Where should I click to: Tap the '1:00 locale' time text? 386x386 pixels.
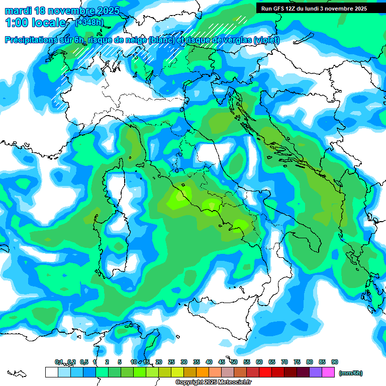click(x=35, y=23)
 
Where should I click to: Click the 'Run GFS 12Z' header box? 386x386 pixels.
click(x=314, y=9)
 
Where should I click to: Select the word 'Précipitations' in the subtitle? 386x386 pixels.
click(x=33, y=40)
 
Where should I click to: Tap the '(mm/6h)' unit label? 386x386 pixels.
click(x=351, y=373)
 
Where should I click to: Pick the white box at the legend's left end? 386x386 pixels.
click(x=51, y=372)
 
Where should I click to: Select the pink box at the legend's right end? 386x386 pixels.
click(x=329, y=372)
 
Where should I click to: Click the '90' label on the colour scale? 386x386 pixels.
click(x=335, y=362)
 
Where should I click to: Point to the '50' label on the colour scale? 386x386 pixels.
click(x=234, y=362)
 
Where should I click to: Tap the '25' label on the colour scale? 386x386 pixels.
click(x=171, y=362)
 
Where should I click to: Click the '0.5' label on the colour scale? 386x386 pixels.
click(x=83, y=362)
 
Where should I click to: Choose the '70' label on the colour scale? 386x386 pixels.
click(x=284, y=362)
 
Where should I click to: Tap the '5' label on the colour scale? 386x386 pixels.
click(x=119, y=362)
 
